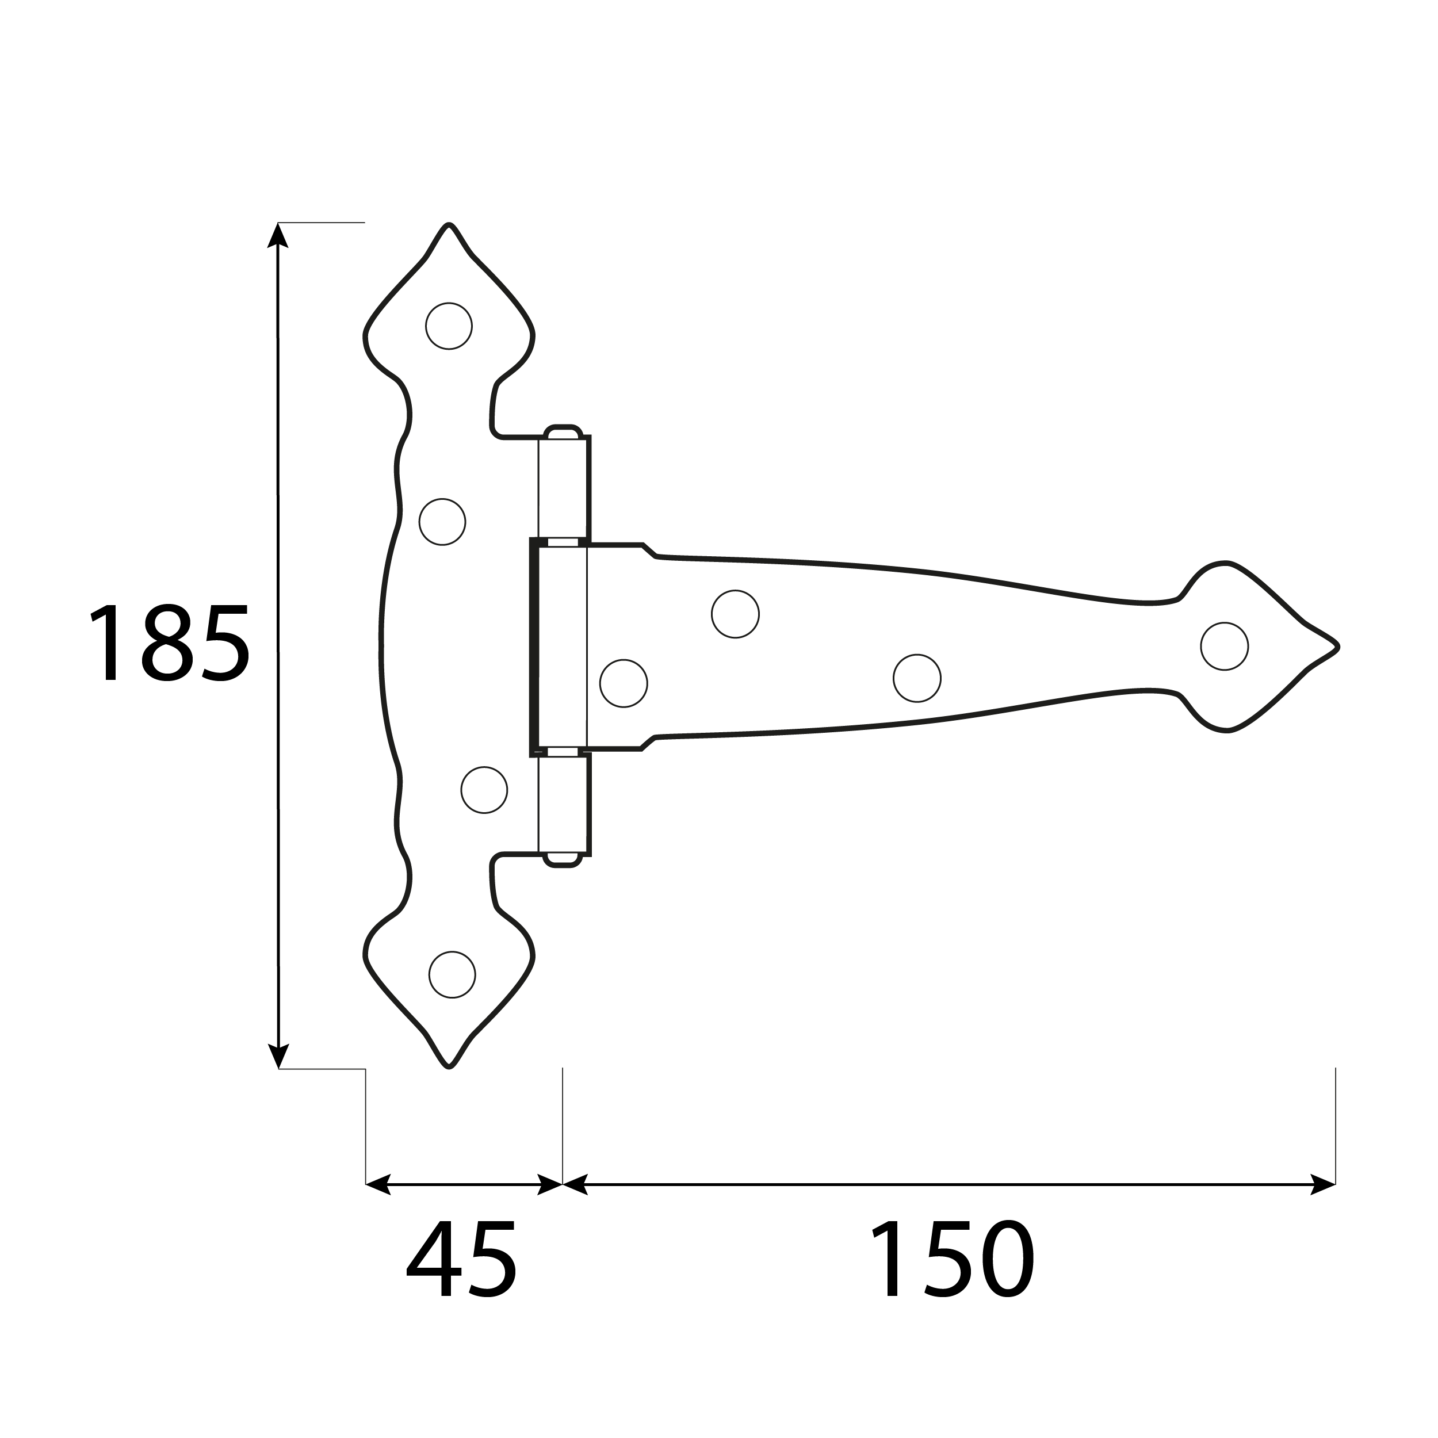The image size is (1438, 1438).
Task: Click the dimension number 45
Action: point(461,1259)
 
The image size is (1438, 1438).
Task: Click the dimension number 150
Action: point(952,1259)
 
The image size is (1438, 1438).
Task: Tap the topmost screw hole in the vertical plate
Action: point(449,326)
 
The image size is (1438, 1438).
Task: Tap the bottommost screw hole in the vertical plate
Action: point(452,974)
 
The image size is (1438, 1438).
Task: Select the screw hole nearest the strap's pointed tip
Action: point(1225,646)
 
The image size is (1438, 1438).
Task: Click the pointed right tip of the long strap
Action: point(1337,647)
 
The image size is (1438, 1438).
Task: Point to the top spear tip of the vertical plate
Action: point(448,225)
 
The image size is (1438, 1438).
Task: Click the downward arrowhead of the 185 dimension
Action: point(278,1055)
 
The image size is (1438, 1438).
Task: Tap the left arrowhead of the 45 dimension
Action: point(378,1184)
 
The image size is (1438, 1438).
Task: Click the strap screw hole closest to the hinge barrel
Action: point(624,683)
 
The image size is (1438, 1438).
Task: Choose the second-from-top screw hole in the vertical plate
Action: point(442,522)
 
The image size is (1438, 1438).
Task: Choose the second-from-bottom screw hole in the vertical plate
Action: point(484,790)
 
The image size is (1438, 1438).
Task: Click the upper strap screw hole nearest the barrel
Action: point(735,614)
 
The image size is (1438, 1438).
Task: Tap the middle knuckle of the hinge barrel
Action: point(562,647)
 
